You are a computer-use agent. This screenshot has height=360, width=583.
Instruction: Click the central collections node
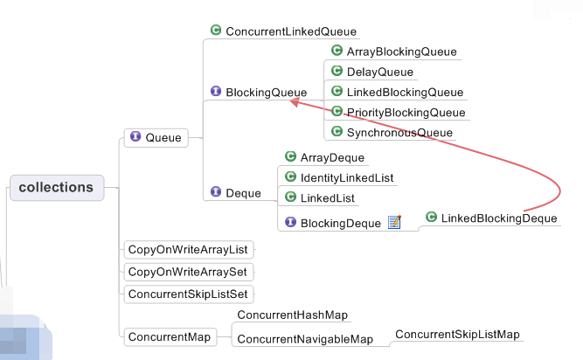click(56, 187)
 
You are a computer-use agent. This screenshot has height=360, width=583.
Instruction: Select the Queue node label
click(163, 137)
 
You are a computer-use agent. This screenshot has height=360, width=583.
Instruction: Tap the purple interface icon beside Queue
click(135, 136)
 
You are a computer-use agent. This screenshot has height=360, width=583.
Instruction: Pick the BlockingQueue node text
click(267, 92)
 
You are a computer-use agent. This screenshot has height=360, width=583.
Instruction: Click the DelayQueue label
click(380, 72)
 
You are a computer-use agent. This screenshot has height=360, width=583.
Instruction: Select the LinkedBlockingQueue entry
click(405, 92)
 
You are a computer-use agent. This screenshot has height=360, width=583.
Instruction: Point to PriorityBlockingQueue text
click(406, 112)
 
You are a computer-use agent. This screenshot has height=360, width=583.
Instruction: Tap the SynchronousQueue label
click(399, 133)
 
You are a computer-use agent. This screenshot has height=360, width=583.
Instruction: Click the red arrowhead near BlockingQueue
click(295, 102)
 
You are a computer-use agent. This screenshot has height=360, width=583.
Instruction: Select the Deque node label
click(243, 192)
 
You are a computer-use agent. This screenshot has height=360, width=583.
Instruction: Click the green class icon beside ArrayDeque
click(290, 156)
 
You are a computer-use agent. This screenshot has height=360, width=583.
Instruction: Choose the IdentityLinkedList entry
click(347, 177)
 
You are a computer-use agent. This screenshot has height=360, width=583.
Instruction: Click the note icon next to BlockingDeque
click(394, 222)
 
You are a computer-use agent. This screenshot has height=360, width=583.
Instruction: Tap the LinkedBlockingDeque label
click(498, 218)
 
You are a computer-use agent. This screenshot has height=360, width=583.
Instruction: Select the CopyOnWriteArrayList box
click(187, 249)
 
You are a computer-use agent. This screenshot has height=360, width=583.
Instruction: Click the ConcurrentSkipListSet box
click(191, 294)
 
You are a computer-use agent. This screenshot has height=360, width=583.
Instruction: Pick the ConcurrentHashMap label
click(293, 315)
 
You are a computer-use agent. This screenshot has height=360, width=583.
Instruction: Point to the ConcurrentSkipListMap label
click(457, 335)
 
